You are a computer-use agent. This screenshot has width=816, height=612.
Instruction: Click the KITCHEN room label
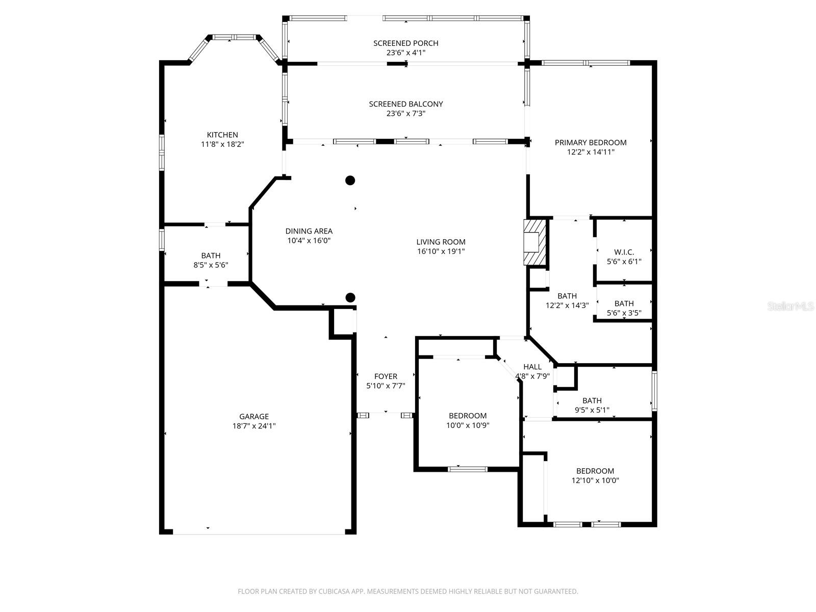222,135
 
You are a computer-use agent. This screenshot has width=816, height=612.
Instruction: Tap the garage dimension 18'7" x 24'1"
254,426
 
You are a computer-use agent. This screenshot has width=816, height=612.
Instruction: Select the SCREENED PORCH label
405,43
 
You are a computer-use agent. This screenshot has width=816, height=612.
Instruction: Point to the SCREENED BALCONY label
405,104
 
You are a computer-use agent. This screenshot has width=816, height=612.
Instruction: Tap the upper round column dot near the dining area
350,180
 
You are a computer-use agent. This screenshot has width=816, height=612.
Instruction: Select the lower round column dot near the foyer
350,297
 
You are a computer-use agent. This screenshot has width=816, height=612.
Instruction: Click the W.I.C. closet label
624,252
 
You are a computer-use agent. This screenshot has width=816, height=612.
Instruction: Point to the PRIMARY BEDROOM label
591,142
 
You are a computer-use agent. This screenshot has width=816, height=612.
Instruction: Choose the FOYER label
386,376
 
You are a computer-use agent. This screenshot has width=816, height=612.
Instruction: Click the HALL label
532,367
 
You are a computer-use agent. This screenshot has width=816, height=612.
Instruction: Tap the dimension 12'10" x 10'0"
595,480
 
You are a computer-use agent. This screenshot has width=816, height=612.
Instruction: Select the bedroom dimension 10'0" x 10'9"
468,425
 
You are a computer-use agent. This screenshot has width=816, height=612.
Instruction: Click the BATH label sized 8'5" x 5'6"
211,256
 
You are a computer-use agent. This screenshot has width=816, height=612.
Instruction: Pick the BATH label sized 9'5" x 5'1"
592,400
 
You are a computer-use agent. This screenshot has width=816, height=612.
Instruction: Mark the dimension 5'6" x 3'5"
624,313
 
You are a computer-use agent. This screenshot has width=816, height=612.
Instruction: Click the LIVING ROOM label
441,242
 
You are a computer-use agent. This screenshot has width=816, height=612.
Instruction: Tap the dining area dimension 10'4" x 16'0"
309,241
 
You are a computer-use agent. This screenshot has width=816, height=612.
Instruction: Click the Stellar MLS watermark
790,306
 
